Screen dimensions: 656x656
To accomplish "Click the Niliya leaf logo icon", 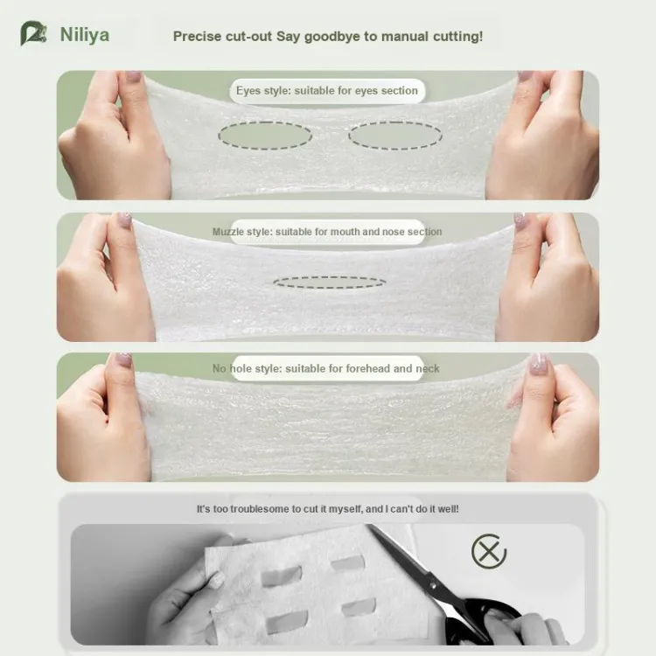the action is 32,33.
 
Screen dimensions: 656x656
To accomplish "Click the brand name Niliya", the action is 85,35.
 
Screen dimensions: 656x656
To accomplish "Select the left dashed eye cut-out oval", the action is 265,136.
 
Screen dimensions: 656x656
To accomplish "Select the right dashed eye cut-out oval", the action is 395,136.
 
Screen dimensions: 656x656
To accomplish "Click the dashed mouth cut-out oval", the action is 330,283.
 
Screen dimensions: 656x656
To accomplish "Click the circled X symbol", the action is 489,551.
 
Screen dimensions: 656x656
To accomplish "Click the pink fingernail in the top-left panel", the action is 134,76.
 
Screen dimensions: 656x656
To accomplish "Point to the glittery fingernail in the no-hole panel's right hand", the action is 538,364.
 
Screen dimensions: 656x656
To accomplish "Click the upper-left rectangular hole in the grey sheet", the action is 281,577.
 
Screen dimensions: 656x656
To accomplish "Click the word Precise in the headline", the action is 197,37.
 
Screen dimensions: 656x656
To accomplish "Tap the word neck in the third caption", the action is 427,368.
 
